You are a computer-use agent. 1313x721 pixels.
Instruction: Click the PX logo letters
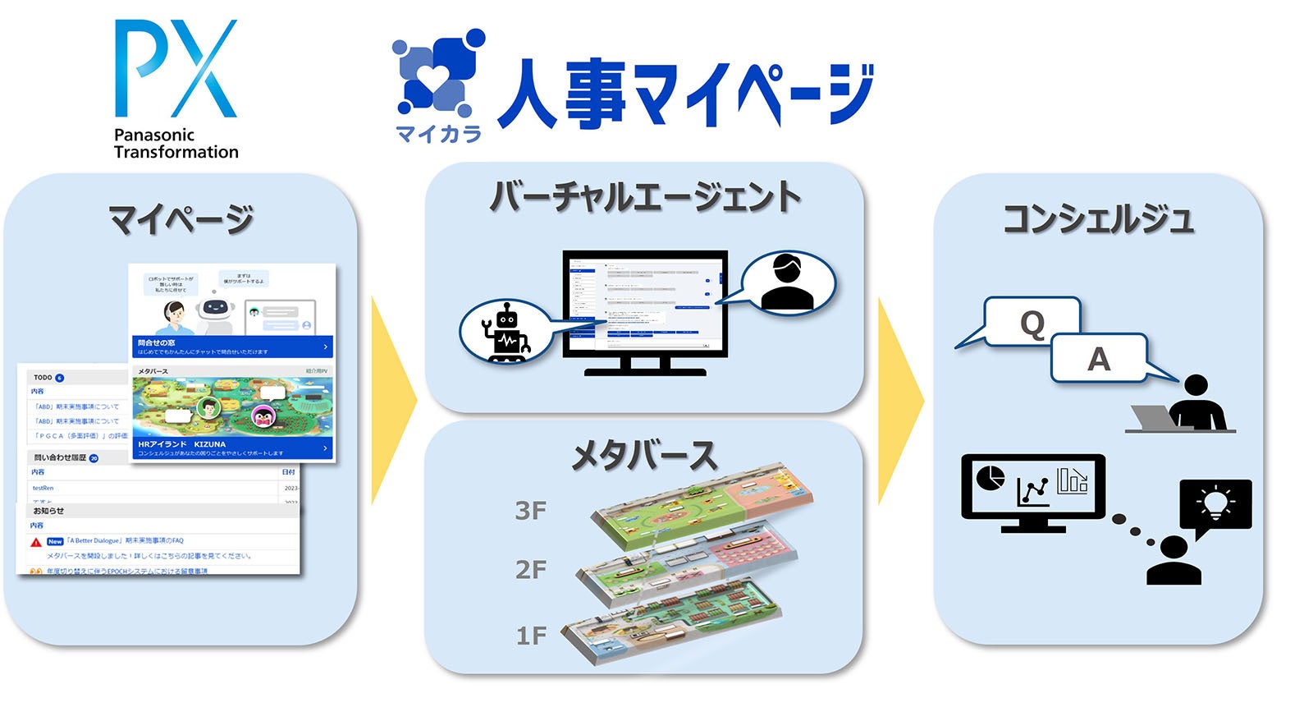pos(176,69)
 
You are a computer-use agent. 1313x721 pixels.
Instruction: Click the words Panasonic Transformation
pos(176,144)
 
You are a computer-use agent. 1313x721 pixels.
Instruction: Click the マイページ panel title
pos(181,220)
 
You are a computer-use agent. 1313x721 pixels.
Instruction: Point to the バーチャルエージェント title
pos(645,198)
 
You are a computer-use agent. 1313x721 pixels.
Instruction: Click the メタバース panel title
pos(644,456)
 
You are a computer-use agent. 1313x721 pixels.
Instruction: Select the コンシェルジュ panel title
pos(1098,220)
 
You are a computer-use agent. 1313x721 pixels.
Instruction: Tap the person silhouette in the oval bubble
pos(786,283)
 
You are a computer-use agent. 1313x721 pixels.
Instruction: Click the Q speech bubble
pos(1032,324)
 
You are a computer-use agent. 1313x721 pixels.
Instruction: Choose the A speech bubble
pos(1098,359)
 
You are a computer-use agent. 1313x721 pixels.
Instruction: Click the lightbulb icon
pos(1215,503)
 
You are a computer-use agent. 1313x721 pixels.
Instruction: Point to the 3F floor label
pos(530,511)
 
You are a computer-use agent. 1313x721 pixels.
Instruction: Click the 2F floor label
pos(530,569)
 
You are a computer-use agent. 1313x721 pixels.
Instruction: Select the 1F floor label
pos(530,635)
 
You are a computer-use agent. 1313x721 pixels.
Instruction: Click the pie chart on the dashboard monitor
pos(990,478)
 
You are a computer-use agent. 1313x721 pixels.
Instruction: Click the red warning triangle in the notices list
pos(36,542)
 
